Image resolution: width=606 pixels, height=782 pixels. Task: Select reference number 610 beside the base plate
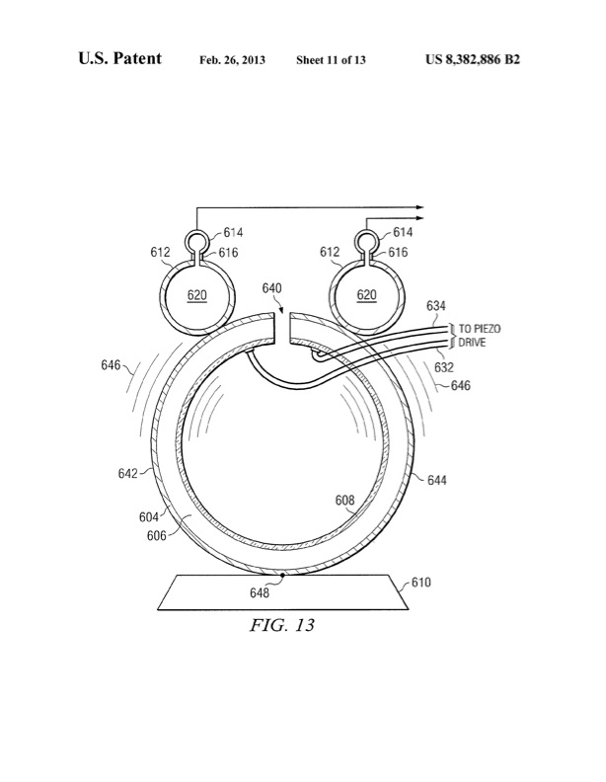point(420,583)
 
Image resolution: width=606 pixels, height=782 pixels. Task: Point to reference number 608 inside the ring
point(344,501)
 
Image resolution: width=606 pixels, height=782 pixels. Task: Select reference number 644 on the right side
point(436,480)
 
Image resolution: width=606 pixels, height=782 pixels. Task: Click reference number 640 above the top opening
point(272,288)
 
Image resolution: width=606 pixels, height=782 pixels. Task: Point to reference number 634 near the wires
point(435,306)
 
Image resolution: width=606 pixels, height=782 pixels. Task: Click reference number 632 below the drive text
point(443,367)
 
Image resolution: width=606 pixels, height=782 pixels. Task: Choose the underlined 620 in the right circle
point(366,294)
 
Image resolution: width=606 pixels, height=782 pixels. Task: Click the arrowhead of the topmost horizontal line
point(419,208)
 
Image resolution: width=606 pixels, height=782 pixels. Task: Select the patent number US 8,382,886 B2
point(473,60)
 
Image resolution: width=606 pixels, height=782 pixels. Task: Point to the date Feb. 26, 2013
point(232,61)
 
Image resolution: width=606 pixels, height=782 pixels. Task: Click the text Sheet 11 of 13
point(331,61)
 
